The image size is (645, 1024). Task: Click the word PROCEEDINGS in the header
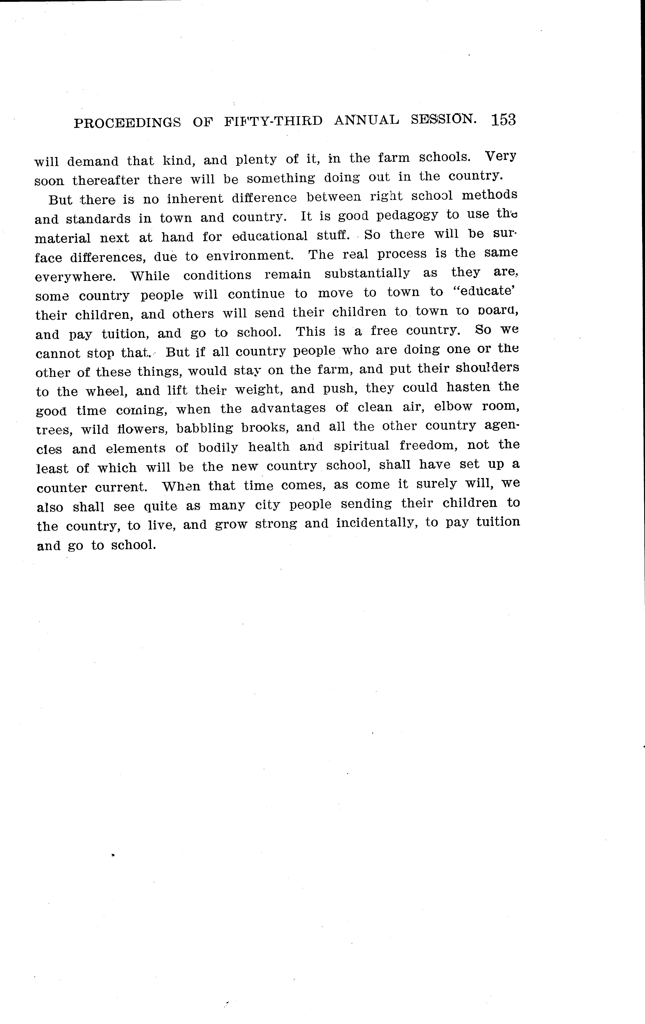(x=127, y=123)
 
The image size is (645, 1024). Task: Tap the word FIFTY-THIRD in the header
(x=273, y=122)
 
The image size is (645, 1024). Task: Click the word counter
(x=62, y=487)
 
